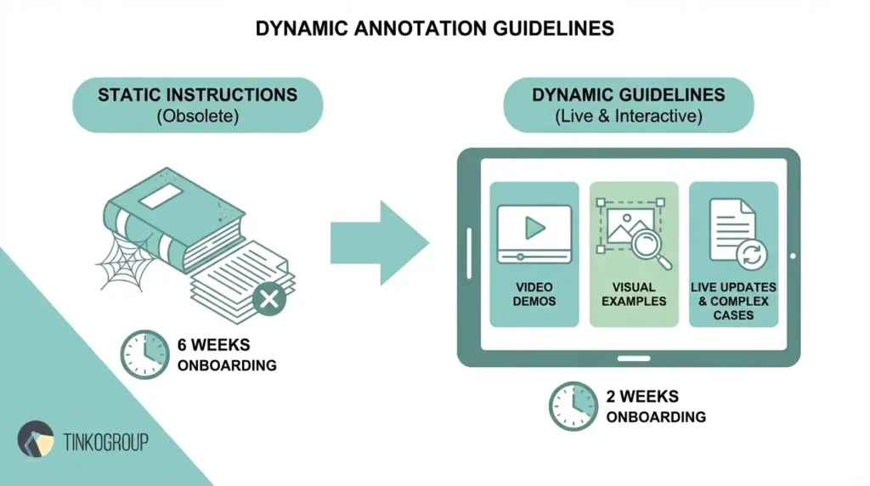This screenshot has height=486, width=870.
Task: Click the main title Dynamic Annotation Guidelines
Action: [434, 28]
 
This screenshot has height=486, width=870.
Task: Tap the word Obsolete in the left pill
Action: [197, 116]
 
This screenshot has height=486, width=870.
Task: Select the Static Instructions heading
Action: [197, 93]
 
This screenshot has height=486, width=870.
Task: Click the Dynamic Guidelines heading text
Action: [629, 93]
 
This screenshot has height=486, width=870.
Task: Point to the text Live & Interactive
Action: [629, 116]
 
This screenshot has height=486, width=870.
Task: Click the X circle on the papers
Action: [269, 299]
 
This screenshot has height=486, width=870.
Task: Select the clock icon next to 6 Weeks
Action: [144, 355]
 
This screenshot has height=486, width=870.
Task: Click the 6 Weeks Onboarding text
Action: [227, 355]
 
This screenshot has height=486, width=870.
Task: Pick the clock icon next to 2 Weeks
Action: [573, 406]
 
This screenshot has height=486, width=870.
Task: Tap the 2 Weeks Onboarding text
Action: [655, 406]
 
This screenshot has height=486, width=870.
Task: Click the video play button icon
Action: [534, 227]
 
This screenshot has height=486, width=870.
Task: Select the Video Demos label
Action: [534, 294]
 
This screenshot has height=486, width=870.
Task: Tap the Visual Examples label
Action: [634, 294]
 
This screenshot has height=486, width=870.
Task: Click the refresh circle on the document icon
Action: [752, 253]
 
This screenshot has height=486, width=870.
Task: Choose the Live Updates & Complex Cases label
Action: [733, 301]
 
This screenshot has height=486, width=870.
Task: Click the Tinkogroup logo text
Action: [106, 441]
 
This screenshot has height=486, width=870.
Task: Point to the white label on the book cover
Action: [161, 198]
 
